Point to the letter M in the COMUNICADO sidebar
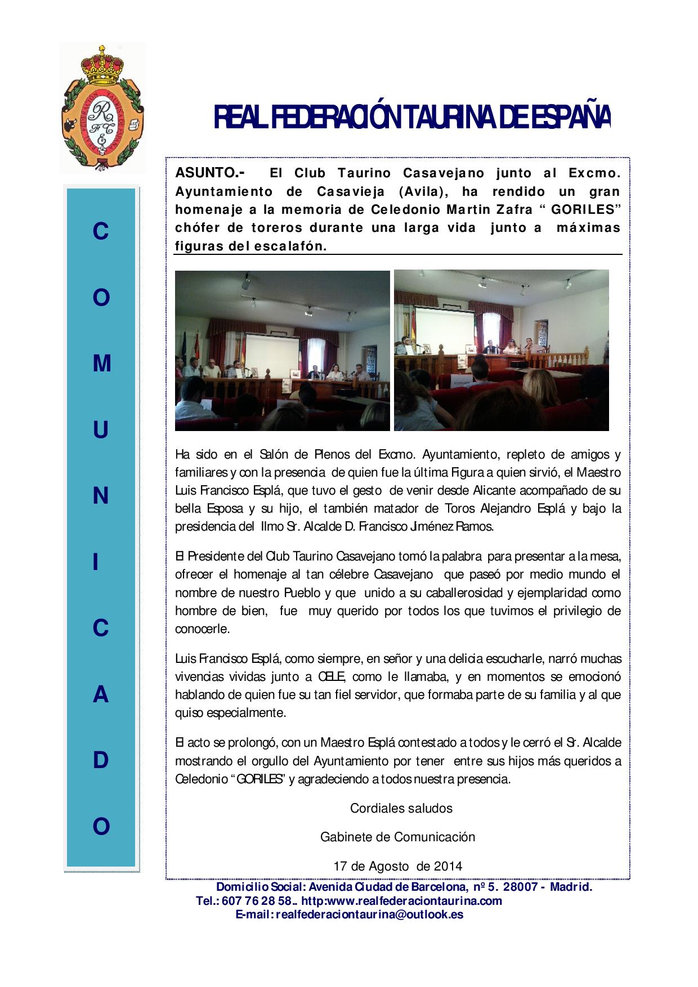[101, 364]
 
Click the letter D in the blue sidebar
[101, 760]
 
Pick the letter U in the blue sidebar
[101, 430]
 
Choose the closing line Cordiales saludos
[401, 808]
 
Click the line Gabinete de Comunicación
[397, 837]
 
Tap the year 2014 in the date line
[448, 865]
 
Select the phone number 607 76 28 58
[256, 901]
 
